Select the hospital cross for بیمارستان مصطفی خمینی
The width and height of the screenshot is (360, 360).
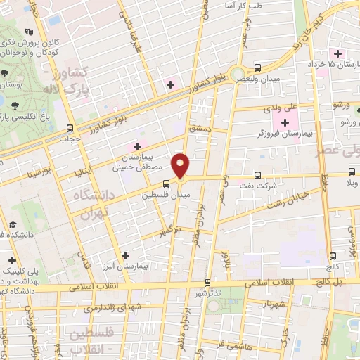[x=138, y=146]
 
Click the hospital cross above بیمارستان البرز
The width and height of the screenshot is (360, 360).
[x=126, y=256]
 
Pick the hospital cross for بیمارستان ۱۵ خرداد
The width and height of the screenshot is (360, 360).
[x=338, y=53]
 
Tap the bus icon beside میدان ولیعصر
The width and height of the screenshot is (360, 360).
[x=258, y=67]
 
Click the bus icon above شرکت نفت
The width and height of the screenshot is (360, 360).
[x=257, y=174]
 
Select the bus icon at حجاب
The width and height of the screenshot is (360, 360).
[x=70, y=128]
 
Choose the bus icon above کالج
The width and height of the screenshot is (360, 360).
[x=332, y=257]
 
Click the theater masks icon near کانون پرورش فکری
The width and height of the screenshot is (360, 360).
[x=29, y=32]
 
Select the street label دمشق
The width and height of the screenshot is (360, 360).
[x=200, y=128]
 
